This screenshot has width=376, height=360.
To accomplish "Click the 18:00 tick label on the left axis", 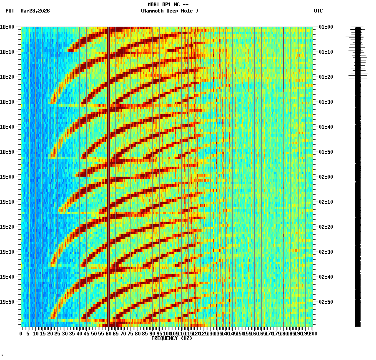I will pos(7,27).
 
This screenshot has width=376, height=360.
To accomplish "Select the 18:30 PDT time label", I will pos(7,102).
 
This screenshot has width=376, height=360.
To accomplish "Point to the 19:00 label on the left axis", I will pos(7,177).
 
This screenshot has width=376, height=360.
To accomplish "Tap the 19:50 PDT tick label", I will pos(7,302).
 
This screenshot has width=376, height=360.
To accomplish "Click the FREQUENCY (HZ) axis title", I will pos(171,338).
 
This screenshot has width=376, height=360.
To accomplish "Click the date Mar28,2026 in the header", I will pos(35,11).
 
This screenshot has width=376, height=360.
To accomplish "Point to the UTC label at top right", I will pos(318,11).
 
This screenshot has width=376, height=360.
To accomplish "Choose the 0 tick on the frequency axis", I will pos(21,333).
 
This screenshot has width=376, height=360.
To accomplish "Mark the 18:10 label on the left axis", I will pos(7,52).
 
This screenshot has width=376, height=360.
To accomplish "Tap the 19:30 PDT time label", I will pos(7,252).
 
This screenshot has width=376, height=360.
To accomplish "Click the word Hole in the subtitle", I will pos(188,11).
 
